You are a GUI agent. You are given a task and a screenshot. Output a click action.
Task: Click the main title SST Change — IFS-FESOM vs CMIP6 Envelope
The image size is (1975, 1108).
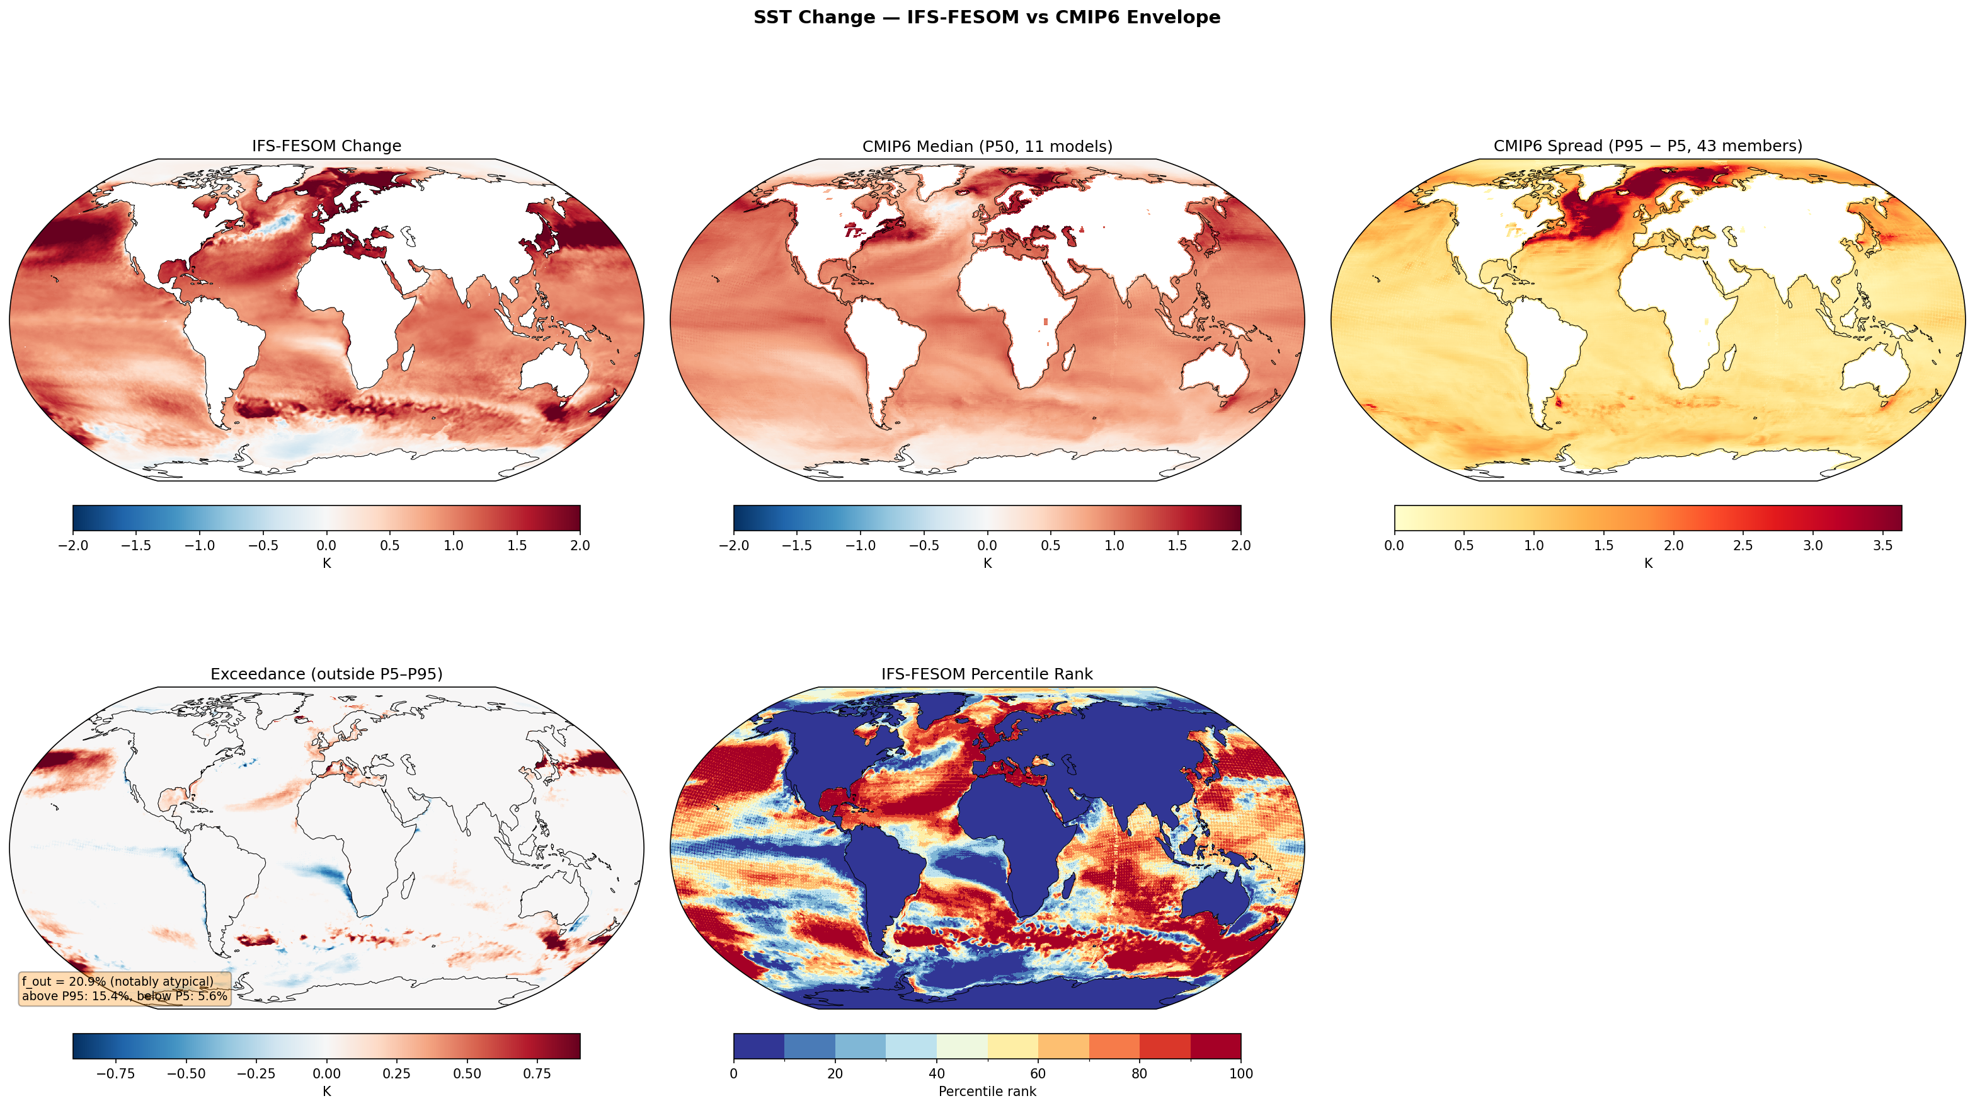(987, 17)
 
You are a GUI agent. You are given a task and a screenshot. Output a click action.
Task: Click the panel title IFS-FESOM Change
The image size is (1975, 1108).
(326, 146)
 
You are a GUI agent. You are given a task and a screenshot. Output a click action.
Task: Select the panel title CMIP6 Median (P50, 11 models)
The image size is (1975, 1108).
(987, 146)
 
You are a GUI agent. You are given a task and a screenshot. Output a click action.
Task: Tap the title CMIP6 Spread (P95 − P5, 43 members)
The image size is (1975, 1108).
(1647, 146)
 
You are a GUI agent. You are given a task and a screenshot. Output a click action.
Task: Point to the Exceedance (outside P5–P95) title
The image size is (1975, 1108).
(326, 674)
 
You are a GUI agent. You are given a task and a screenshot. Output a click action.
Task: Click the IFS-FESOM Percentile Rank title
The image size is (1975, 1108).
(987, 674)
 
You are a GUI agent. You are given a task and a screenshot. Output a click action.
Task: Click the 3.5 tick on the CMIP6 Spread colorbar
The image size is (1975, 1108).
(1882, 546)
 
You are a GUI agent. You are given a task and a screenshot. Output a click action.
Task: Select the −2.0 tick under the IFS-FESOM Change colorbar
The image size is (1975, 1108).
(73, 546)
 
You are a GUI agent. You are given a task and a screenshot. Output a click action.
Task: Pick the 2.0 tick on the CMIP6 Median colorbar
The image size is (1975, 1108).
(1240, 546)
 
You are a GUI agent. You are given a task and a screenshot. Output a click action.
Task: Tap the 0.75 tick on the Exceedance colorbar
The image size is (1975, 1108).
(537, 1073)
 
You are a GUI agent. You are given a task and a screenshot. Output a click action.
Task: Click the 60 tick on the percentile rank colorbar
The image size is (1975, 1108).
(1038, 1073)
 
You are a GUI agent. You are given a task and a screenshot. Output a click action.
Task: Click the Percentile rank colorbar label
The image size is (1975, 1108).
(987, 1091)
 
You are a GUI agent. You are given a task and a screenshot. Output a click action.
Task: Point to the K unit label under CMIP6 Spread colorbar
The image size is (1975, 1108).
(1647, 563)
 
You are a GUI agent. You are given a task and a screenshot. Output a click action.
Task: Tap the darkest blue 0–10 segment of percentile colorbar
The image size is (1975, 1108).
(759, 1046)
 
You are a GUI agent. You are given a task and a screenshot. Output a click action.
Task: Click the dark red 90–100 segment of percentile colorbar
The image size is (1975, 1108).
(1215, 1046)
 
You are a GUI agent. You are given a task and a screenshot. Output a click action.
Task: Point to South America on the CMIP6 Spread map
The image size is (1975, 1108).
(1541, 345)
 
